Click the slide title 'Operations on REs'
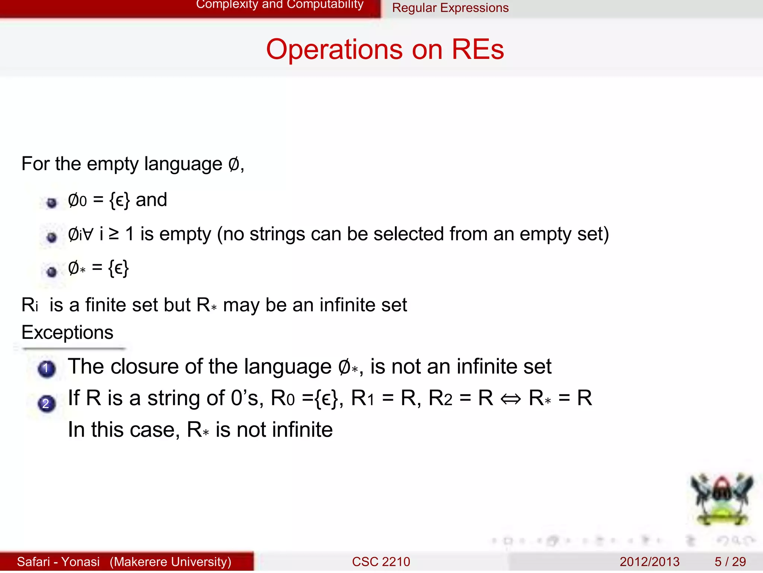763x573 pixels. [385, 50]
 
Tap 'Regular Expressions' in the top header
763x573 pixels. [450, 8]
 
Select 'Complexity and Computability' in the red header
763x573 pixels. [279, 4]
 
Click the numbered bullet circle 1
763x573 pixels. [47, 369]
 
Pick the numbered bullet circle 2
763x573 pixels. [47, 404]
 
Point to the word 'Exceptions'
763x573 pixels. [67, 332]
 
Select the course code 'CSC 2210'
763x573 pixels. [381, 561]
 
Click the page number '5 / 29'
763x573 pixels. [730, 561]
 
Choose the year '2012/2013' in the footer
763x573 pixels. [649, 561]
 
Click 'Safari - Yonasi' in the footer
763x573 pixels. [58, 561]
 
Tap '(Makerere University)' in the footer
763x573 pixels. [170, 561]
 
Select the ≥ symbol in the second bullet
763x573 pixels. [113, 234]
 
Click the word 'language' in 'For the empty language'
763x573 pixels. [183, 164]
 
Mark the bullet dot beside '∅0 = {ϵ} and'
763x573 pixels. [52, 203]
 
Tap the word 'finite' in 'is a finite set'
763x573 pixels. [106, 305]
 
